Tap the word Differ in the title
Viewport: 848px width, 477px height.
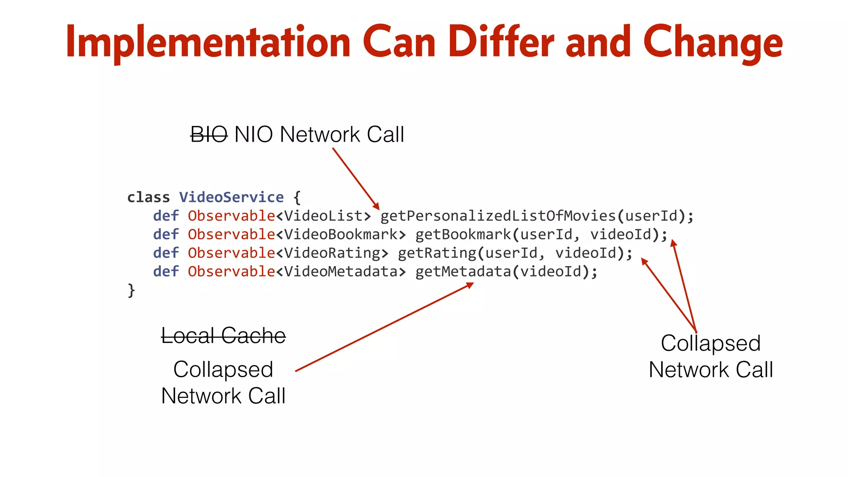[501, 42]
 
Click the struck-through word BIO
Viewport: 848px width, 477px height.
[209, 135]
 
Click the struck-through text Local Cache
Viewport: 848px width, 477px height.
[223, 335]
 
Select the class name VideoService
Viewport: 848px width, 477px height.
[231, 197]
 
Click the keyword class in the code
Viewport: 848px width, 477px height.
[148, 197]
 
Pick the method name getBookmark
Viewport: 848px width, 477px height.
[463, 234]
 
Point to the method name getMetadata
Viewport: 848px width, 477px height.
[463, 272]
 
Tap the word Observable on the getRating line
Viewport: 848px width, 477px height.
[231, 253]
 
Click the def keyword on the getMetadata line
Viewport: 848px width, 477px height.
[166, 272]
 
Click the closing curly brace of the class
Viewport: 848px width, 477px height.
[131, 290]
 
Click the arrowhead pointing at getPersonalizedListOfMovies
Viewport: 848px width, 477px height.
[376, 206]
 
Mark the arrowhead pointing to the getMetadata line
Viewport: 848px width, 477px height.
[470, 285]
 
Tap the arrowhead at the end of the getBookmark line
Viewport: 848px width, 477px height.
[674, 243]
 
